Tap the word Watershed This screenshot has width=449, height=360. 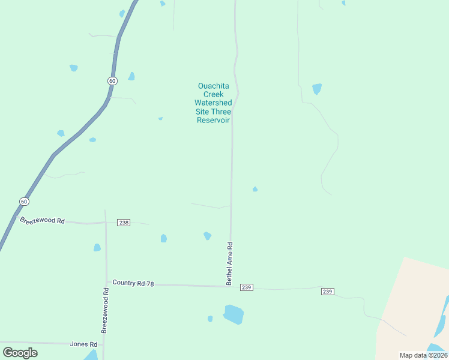tap(213, 103)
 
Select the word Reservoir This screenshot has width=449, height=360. tap(213, 120)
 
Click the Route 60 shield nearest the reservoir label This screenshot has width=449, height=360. tap(112, 80)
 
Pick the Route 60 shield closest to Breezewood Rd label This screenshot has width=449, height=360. tap(23, 202)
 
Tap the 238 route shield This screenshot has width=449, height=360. tap(124, 223)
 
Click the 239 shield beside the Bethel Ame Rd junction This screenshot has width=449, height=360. tap(246, 287)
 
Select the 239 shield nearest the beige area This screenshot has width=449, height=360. tap(327, 292)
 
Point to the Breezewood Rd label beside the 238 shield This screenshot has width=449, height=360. tap(42, 221)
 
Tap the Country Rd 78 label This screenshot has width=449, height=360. tap(133, 283)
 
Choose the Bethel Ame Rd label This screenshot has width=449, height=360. tap(229, 263)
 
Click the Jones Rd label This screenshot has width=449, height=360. tap(83, 344)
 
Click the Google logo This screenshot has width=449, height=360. tap(20, 353)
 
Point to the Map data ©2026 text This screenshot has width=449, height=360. tap(423, 355)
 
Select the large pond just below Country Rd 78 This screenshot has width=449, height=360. tap(234, 314)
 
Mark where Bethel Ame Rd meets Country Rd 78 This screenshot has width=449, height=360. tap(230, 286)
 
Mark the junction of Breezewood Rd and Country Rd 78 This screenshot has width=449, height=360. tap(107, 282)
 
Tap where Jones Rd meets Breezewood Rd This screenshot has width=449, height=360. tap(103, 344)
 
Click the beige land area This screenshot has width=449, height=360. tap(414, 300)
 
